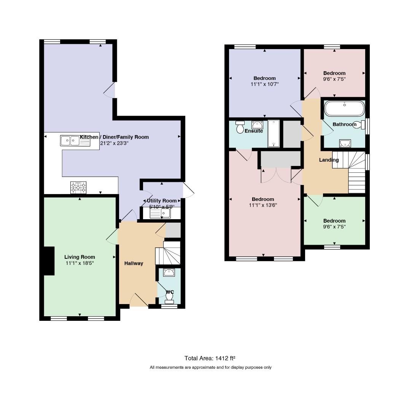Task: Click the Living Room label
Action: point(80,257)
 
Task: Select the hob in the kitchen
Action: point(78,188)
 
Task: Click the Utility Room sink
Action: point(160,213)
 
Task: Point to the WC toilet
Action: point(169,298)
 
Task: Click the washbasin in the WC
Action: point(169,272)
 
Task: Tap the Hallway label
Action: point(134,263)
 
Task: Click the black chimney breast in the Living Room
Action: point(49,261)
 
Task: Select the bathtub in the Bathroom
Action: point(345,108)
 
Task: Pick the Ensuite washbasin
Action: point(257,125)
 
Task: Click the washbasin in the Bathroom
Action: point(345,143)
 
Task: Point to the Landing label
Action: point(329,160)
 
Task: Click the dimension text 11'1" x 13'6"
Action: point(263,205)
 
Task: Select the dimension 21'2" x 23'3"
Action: point(114,143)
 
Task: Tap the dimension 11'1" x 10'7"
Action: point(265,84)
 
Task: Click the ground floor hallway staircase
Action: point(168,253)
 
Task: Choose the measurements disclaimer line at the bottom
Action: point(211,368)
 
